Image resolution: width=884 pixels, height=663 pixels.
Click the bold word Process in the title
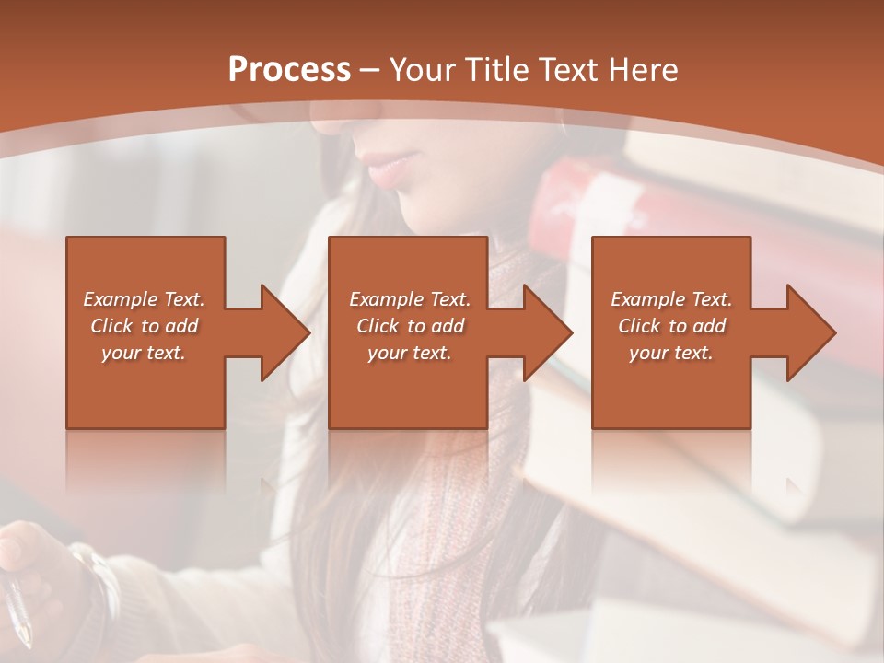(x=289, y=70)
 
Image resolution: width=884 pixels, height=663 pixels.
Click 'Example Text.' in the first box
(x=144, y=299)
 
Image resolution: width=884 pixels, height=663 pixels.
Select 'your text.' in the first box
(x=144, y=353)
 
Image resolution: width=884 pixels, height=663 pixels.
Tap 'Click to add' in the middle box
(x=410, y=326)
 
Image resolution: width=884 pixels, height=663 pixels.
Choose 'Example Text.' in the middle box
(x=410, y=299)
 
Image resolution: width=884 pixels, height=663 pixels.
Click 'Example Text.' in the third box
(x=671, y=299)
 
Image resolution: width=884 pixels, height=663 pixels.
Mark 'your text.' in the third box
(x=671, y=353)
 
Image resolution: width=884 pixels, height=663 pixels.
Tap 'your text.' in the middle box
(x=410, y=353)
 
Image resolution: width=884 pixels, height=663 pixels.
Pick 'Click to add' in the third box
(x=671, y=326)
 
